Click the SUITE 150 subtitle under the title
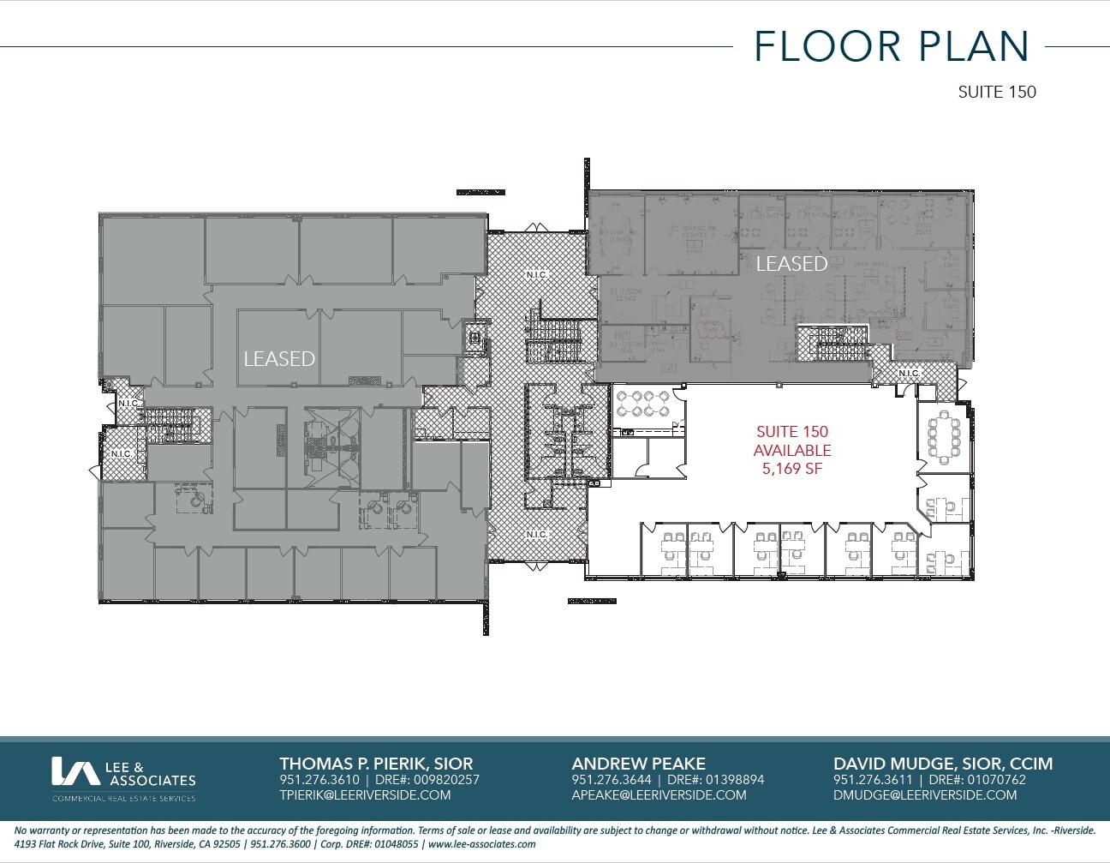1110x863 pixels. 996,92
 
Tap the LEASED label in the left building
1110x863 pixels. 279,358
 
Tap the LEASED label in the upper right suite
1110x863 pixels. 791,263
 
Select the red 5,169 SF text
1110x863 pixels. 791,469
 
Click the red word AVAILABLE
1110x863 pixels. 791,451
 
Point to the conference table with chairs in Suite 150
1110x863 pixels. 945,434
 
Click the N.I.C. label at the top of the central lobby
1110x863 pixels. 537,274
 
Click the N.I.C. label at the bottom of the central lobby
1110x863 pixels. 537,534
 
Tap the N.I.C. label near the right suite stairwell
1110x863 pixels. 909,373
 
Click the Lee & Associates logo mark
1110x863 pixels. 75,771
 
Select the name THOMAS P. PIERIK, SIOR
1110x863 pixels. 376,763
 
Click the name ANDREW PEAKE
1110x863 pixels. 638,763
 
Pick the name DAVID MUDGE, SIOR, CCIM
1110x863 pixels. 942,763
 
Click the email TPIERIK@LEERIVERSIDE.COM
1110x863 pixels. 365,794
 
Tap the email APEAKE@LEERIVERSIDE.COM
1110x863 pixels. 659,794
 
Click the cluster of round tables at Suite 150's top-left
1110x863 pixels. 642,403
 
